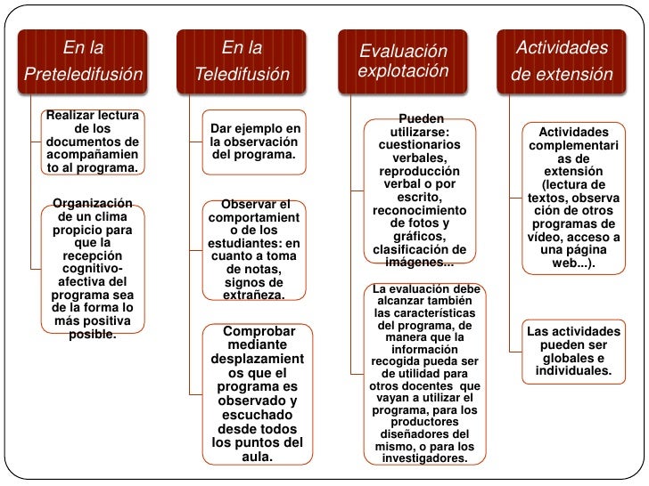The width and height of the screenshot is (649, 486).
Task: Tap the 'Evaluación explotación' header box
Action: pyautogui.click(x=403, y=61)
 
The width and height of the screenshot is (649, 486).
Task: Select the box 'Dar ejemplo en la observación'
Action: pyautogui.click(x=254, y=142)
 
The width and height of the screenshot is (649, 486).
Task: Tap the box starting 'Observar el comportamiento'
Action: pyautogui.click(x=254, y=249)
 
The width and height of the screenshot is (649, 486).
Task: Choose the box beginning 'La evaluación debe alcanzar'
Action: pyautogui.click(x=424, y=374)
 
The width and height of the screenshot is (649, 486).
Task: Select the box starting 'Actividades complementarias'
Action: pyautogui.click(x=574, y=198)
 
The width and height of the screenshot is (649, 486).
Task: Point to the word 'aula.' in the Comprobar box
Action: pyautogui.click(x=258, y=458)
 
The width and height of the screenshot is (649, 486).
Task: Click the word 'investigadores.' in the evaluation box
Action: pyautogui.click(x=424, y=458)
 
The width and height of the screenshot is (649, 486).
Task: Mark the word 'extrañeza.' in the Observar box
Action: pyautogui.click(x=254, y=295)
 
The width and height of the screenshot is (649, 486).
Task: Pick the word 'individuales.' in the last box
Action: pyautogui.click(x=574, y=370)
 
